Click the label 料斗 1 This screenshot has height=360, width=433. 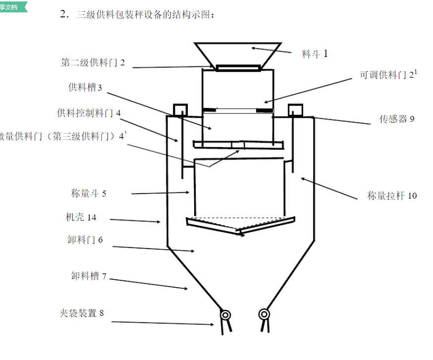pyautogui.click(x=315, y=53)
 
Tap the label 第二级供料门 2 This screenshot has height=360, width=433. pyautogui.click(x=93, y=62)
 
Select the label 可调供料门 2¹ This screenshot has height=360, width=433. pyautogui.click(x=388, y=75)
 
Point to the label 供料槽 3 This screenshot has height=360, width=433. pyautogui.click(x=85, y=88)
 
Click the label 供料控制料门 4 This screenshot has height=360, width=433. pyautogui.click(x=89, y=113)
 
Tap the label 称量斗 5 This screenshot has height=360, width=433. pyautogui.click(x=89, y=194)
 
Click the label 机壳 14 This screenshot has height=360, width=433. pyautogui.click(x=81, y=217)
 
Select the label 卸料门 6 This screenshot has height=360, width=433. pyautogui.click(x=85, y=240)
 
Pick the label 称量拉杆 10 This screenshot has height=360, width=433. pyautogui.click(x=392, y=196)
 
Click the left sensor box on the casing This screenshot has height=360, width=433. pyautogui.click(x=179, y=108)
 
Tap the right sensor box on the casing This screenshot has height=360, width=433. pyautogui.click(x=295, y=108)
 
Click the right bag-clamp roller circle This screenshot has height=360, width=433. pyautogui.click(x=264, y=314)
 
